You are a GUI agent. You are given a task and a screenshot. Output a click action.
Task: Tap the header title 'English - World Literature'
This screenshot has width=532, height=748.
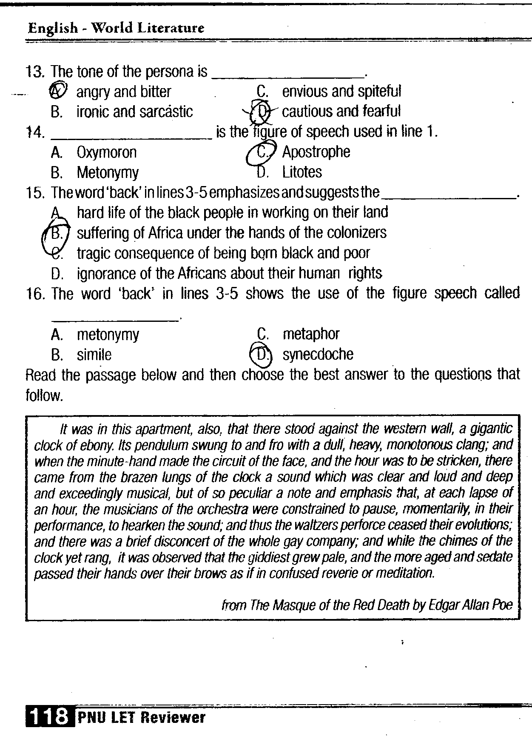tap(116, 28)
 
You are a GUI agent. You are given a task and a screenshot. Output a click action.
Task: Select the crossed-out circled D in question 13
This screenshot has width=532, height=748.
tap(262, 111)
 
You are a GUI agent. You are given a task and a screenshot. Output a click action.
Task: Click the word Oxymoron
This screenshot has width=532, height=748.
tap(107, 152)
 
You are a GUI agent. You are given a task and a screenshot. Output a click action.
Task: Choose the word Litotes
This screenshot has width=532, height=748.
tap(302, 172)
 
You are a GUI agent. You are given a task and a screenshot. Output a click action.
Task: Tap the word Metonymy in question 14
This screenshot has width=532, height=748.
tap(108, 173)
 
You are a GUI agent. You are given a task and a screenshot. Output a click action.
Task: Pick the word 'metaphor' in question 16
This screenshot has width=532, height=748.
tap(311, 334)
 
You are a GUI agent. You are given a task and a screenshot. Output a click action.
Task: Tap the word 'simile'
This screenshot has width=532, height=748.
tap(94, 355)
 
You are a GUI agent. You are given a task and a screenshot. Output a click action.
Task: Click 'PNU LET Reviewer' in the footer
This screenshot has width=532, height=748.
tap(141, 718)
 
